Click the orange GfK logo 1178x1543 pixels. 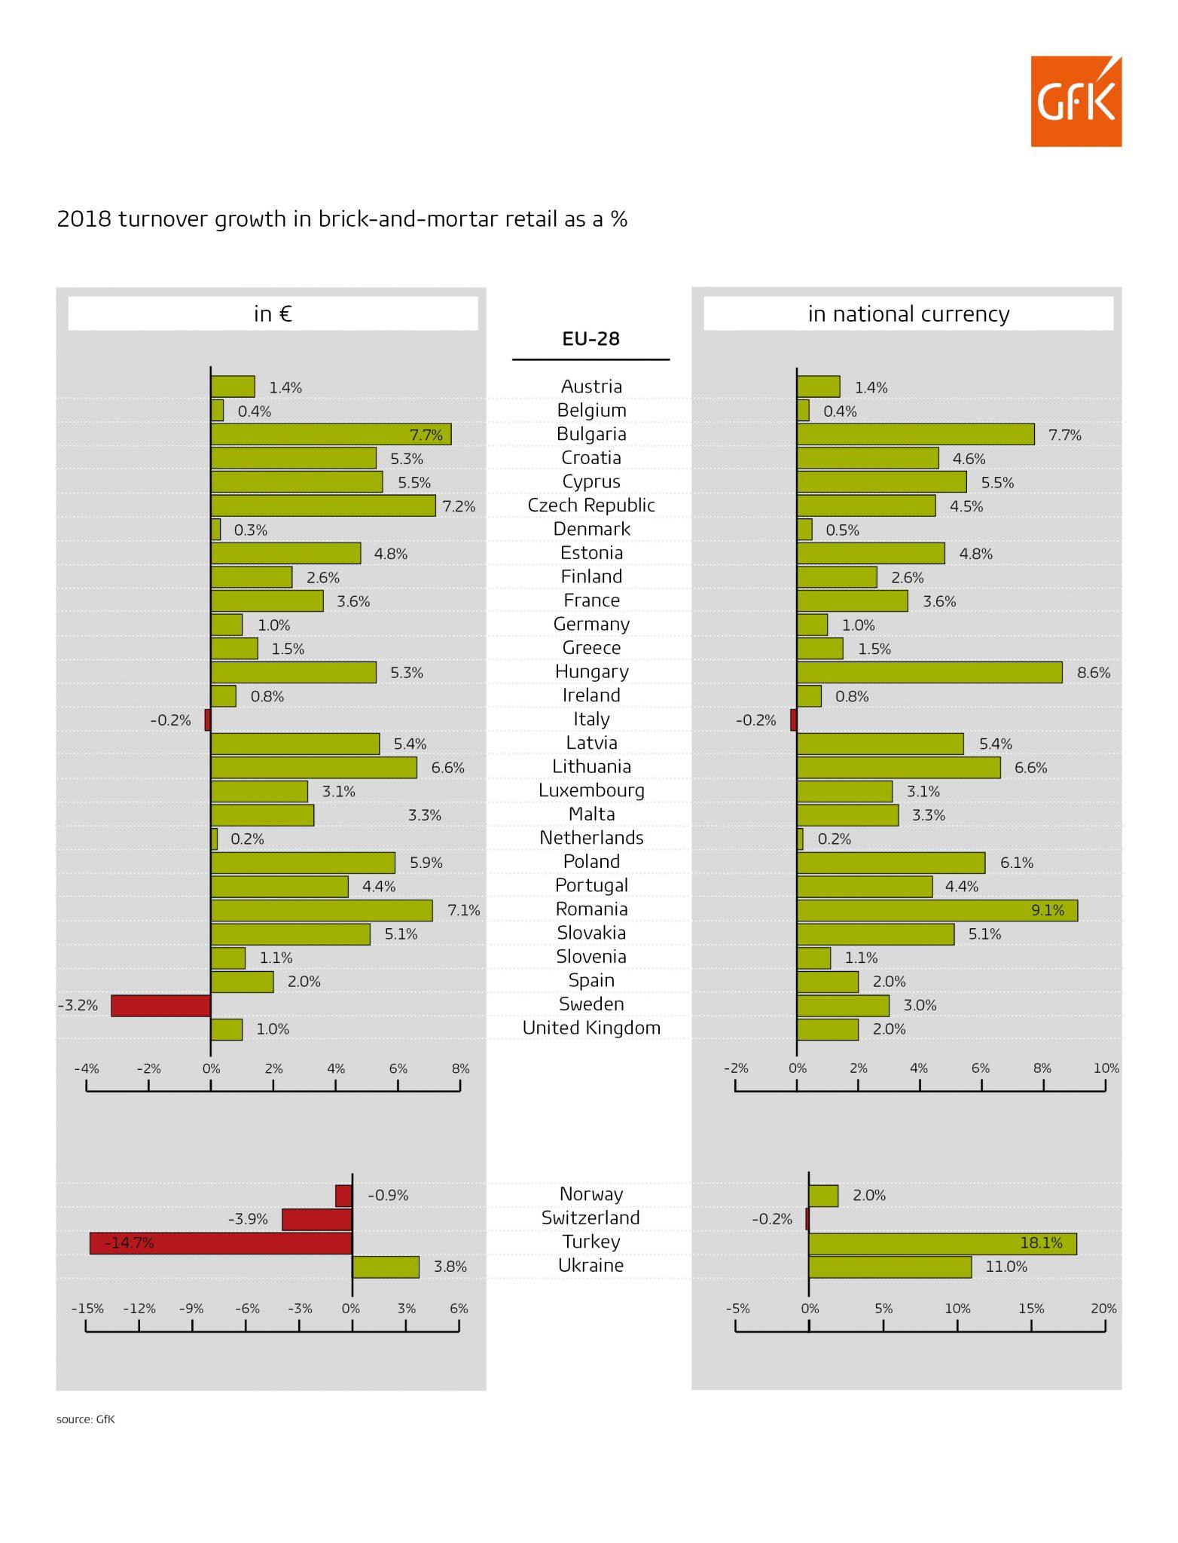point(1076,101)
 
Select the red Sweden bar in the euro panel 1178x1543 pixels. point(160,1005)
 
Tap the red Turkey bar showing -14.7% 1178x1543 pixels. point(221,1243)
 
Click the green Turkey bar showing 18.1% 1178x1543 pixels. point(942,1243)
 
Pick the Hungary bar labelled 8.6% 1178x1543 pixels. point(929,672)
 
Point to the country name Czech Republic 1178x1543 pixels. point(591,506)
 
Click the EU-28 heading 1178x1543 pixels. point(591,339)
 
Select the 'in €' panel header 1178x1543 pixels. point(273,313)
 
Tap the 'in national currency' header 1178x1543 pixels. point(908,313)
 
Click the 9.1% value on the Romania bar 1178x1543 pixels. point(1048,910)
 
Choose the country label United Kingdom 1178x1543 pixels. point(591,1028)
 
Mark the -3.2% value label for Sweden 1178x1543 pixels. point(78,1005)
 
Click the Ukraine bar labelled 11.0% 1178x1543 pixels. point(890,1266)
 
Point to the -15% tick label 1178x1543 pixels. point(87,1309)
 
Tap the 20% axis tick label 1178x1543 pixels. point(1103,1309)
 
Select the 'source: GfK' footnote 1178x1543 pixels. point(85,1419)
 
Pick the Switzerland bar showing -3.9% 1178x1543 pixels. point(316,1219)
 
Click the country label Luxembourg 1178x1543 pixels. point(591,790)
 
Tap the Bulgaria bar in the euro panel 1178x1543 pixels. point(331,434)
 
